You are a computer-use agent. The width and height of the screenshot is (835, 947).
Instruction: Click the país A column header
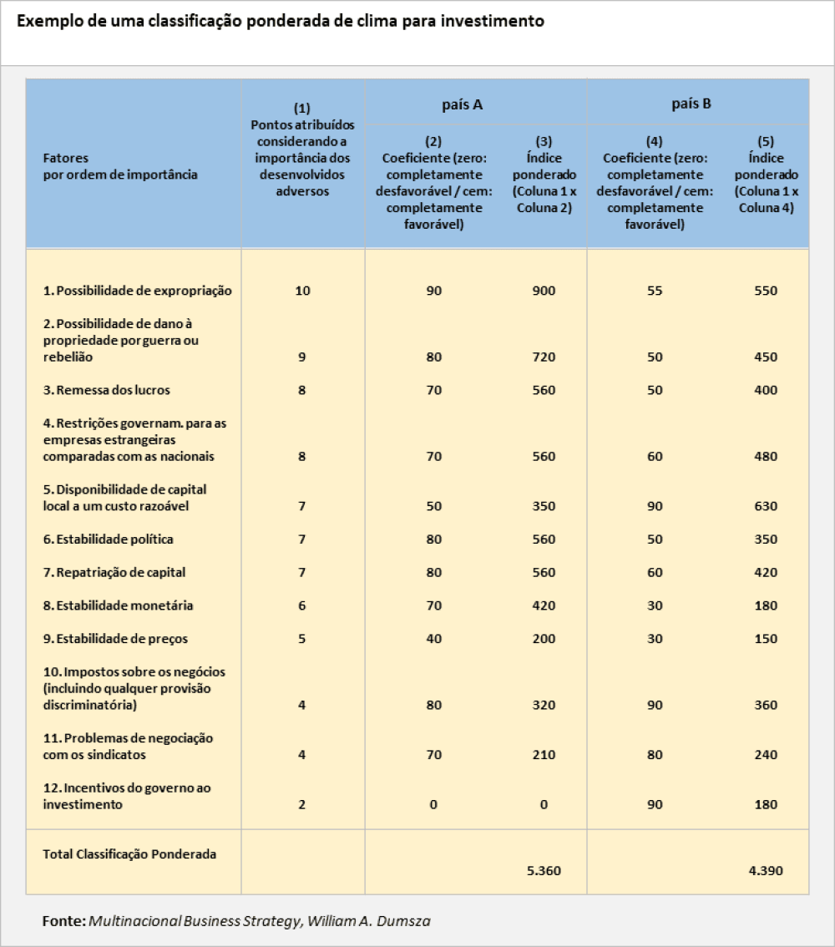pos(462,104)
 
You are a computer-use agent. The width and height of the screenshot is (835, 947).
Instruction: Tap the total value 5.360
pos(544,870)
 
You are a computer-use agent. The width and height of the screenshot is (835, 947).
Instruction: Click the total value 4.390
pos(766,870)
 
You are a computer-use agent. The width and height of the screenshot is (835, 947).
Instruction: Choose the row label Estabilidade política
pos(109,539)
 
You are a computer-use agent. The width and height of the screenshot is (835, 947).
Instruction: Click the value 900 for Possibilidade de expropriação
pos(544,291)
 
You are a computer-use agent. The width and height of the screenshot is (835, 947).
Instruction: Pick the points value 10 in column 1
pos(302,291)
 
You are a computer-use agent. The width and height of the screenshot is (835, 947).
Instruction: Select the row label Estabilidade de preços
pos(115,639)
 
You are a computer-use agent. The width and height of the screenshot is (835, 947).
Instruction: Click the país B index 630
pos(765,506)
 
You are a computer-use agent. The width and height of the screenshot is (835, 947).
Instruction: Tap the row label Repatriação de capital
pos(114,573)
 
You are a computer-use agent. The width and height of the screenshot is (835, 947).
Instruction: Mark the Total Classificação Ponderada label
pos(129,853)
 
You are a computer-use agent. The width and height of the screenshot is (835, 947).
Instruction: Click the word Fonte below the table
pos(63,920)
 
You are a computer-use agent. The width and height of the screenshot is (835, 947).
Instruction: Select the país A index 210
pos(544,755)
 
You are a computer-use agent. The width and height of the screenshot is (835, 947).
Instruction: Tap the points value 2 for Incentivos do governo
pos(302,805)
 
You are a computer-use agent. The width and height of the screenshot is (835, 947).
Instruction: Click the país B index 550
pos(765,291)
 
